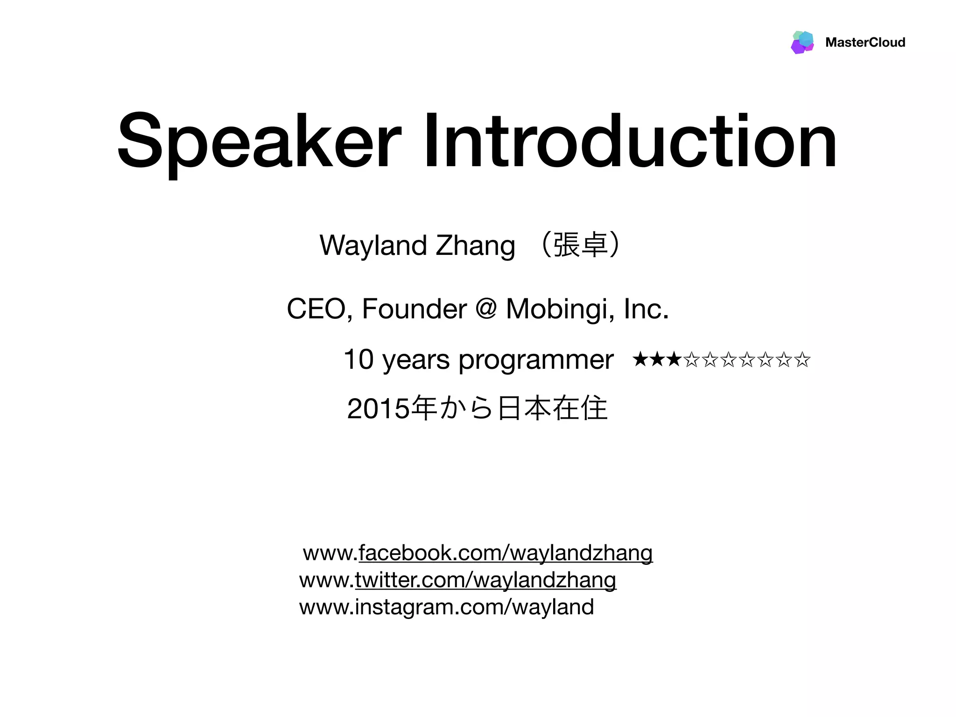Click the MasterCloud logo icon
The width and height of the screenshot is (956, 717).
point(802,42)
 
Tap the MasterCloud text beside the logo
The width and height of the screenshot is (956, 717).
point(865,42)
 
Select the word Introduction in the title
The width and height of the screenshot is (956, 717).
point(630,141)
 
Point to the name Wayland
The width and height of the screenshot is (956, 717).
point(373,246)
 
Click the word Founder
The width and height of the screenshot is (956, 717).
point(414,309)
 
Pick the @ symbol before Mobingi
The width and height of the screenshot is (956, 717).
point(486,309)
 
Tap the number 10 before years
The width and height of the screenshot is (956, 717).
point(358,359)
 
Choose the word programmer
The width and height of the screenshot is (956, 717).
point(535,360)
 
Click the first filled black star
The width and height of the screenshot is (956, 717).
point(640,359)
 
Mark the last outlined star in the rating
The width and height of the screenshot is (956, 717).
point(802,359)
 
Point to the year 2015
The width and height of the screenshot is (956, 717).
point(378,409)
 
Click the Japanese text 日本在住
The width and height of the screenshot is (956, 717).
point(553,408)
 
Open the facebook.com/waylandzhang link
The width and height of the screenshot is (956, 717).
point(505,553)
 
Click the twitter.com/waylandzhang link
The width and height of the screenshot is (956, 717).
point(485,580)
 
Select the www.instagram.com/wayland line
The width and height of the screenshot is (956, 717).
point(446,607)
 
